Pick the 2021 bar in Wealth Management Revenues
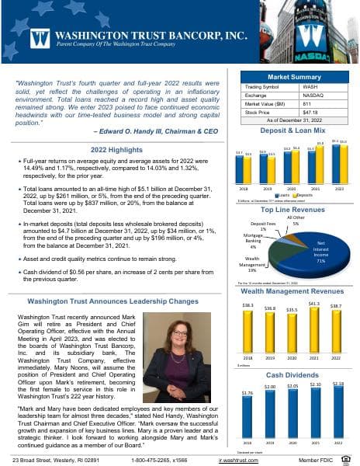(314, 330)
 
